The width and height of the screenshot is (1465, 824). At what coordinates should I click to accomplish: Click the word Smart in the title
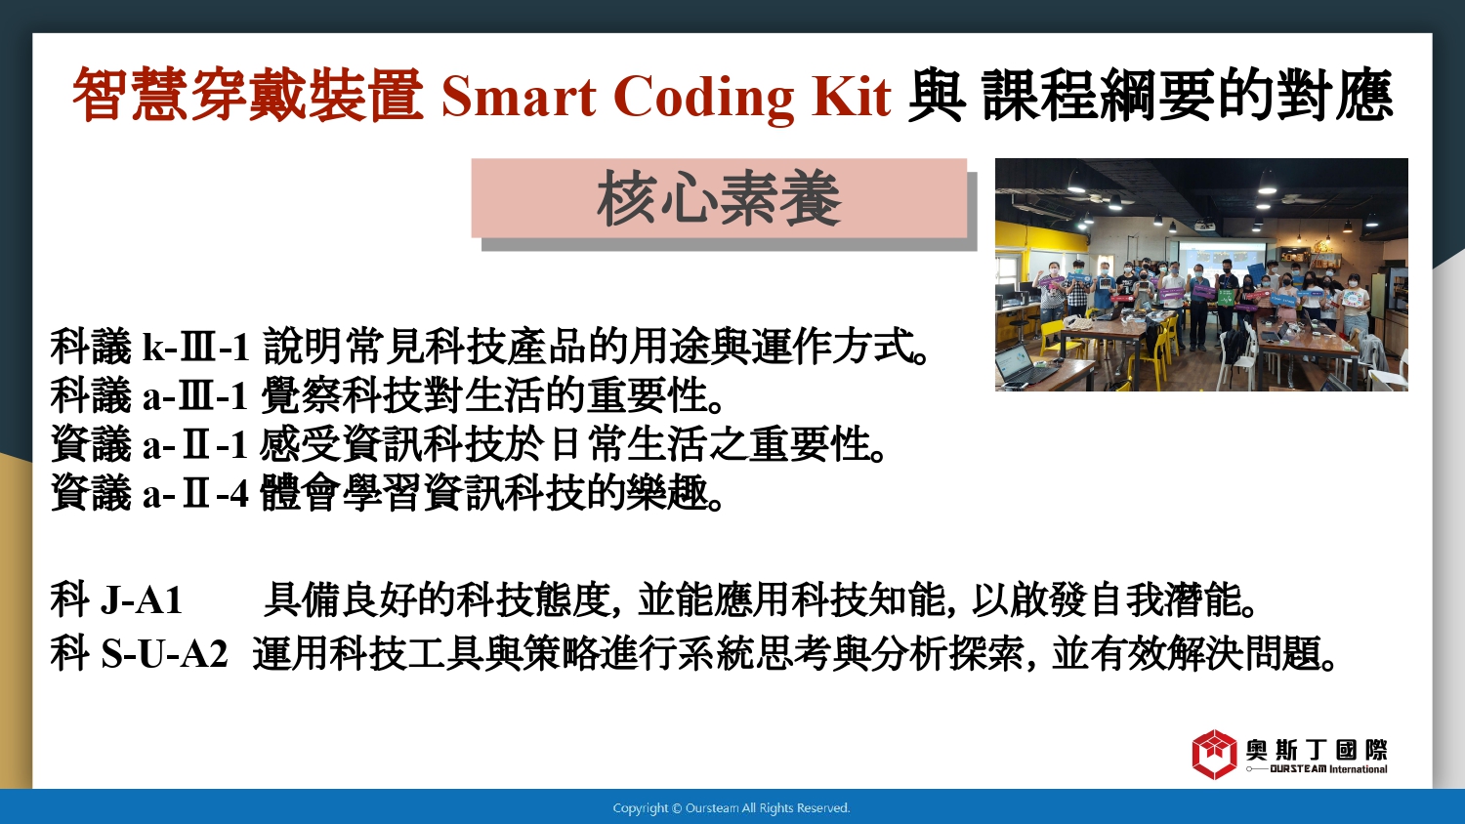pyautogui.click(x=519, y=97)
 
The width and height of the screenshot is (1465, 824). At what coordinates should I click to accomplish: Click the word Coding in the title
pyautogui.click(x=704, y=99)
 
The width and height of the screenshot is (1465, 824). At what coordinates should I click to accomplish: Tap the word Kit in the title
pyautogui.click(x=851, y=96)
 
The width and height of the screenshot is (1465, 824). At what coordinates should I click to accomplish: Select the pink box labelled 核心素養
pyautogui.click(x=719, y=197)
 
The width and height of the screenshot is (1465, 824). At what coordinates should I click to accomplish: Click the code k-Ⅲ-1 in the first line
pyautogui.click(x=196, y=347)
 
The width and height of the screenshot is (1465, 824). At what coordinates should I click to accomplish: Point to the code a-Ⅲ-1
pyautogui.click(x=195, y=395)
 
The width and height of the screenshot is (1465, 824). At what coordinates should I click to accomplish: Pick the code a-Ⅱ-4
pyautogui.click(x=195, y=493)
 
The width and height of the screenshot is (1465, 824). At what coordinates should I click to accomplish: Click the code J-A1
pyautogui.click(x=142, y=599)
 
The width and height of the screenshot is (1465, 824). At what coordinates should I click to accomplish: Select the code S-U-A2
pyautogui.click(x=164, y=653)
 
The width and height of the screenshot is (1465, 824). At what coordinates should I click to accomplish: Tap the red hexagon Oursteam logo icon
pyautogui.click(x=1214, y=754)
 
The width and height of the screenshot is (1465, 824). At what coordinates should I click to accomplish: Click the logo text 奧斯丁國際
pyautogui.click(x=1317, y=750)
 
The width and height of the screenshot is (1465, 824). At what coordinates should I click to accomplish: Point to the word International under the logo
pyautogui.click(x=1359, y=769)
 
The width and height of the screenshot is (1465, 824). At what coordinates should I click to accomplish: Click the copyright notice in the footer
pyautogui.click(x=732, y=808)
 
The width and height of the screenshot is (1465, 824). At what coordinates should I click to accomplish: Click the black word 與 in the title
pyautogui.click(x=937, y=96)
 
